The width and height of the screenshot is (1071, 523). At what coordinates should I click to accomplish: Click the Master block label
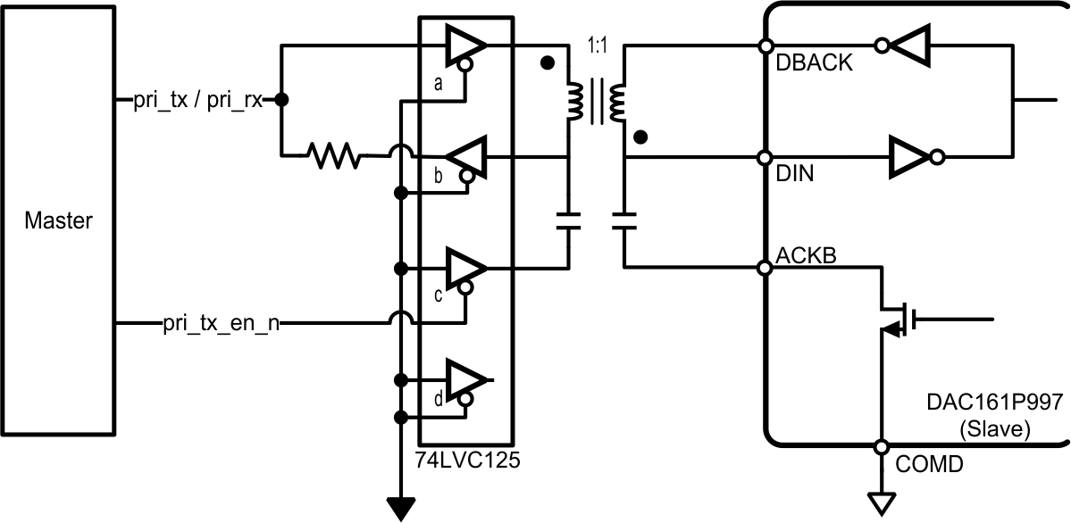click(58, 220)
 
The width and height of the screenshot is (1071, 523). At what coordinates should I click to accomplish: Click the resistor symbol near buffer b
click(332, 157)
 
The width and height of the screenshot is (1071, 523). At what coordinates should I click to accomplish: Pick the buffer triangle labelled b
click(467, 157)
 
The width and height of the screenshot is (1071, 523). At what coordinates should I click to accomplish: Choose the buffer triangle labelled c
click(465, 267)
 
